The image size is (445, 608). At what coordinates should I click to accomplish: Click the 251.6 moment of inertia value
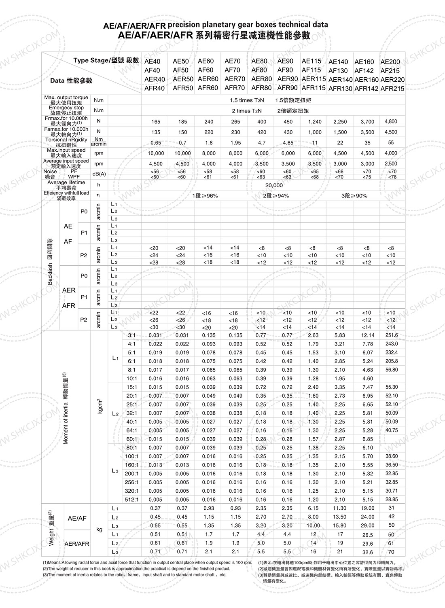(x=392, y=335)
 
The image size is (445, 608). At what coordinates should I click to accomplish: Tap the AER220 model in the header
(x=392, y=80)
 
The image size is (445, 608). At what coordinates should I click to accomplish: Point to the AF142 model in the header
(x=364, y=71)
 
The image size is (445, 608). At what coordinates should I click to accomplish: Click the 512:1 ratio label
(x=132, y=499)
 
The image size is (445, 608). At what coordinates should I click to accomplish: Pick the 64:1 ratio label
(x=132, y=430)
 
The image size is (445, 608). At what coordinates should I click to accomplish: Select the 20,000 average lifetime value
(x=274, y=185)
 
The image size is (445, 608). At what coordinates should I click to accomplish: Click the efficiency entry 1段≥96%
(x=205, y=196)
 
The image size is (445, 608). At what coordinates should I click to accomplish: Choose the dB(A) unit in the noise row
(x=99, y=174)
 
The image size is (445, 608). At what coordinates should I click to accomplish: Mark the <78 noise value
(x=392, y=177)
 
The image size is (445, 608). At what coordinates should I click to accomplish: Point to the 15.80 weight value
(x=340, y=525)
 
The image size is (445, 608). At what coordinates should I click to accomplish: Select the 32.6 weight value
(x=367, y=552)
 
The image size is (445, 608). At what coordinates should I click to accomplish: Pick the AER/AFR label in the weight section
(x=77, y=544)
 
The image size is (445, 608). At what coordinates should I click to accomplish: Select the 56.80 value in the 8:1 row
(x=392, y=370)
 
